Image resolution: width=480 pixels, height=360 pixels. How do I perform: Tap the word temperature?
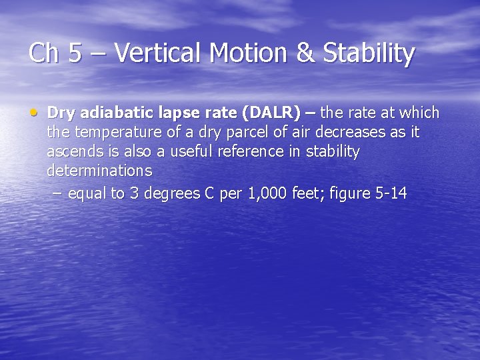click(105, 132)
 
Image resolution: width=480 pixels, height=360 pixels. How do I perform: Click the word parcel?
click(221, 132)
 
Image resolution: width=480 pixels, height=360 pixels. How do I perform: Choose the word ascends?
click(73, 151)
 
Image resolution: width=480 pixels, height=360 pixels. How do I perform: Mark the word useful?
click(193, 151)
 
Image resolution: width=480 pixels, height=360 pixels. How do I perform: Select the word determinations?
click(99, 171)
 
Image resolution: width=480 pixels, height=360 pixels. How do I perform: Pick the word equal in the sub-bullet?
click(85, 194)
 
